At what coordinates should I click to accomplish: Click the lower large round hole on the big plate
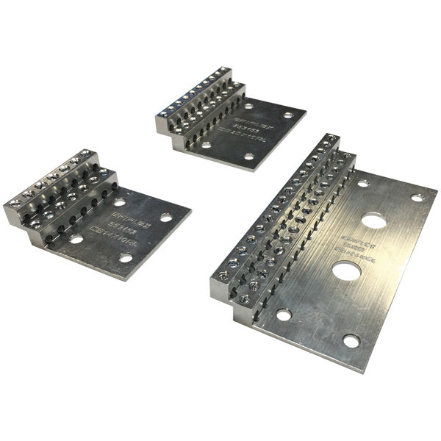(345, 270)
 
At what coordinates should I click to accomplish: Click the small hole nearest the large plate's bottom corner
(351, 340)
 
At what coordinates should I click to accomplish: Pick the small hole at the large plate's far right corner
(417, 198)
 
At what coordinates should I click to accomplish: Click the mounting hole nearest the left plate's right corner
(167, 218)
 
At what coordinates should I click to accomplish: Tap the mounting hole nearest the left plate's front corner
(126, 258)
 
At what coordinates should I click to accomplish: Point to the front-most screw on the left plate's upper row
(14, 201)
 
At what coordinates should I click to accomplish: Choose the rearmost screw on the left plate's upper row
(91, 154)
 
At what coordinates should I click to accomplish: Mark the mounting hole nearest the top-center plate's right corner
(287, 115)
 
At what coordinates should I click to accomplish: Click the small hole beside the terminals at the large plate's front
(284, 315)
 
